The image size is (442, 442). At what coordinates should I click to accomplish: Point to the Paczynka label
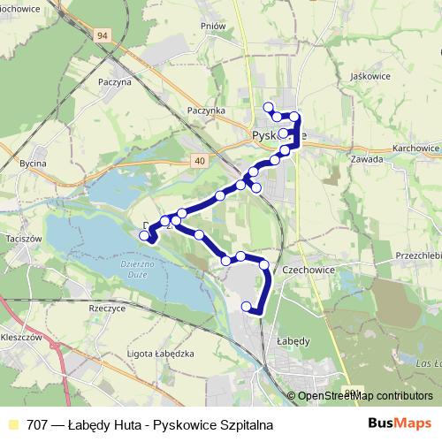(207, 110)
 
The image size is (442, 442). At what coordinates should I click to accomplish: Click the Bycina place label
(33, 164)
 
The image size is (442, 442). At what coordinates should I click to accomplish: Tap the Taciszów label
(23, 240)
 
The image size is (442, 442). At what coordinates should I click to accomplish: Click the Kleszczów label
(23, 338)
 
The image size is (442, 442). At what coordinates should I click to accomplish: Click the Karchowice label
(416, 148)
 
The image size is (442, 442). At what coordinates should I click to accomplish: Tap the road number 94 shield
(103, 34)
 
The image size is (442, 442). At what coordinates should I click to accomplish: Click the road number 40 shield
(198, 160)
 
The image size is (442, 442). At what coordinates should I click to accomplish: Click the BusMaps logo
(400, 423)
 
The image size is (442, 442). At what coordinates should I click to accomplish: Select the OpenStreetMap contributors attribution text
(364, 397)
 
